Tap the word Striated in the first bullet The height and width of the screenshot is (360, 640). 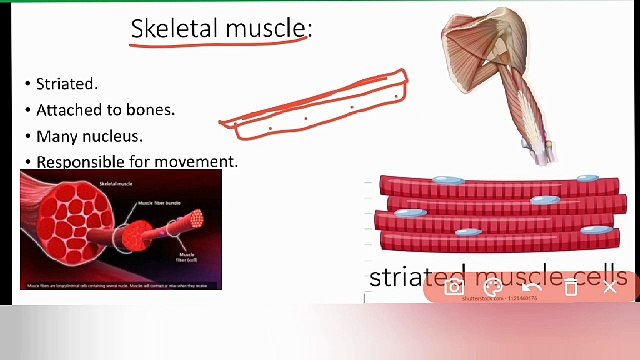(66, 84)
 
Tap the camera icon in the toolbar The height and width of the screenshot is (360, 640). (454, 287)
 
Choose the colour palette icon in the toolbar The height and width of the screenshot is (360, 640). (492, 287)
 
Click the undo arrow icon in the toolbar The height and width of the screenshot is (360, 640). (531, 287)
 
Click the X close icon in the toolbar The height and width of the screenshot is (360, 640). (610, 287)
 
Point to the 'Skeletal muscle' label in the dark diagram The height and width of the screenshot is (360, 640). (118, 184)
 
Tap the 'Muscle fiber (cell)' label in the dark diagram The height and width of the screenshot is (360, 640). (187, 257)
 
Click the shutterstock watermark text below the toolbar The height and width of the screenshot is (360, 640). (500, 298)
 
